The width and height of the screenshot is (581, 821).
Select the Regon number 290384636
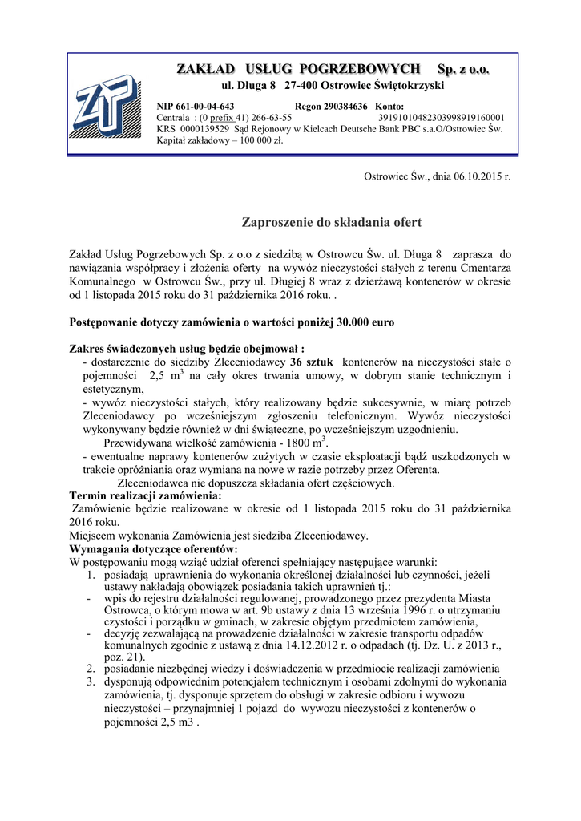(344, 106)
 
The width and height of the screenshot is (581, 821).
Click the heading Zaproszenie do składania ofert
(331, 221)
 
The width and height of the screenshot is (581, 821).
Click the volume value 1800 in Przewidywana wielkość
(298, 444)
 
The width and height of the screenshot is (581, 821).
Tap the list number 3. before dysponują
(91, 681)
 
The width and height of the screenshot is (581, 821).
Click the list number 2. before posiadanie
(91, 669)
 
